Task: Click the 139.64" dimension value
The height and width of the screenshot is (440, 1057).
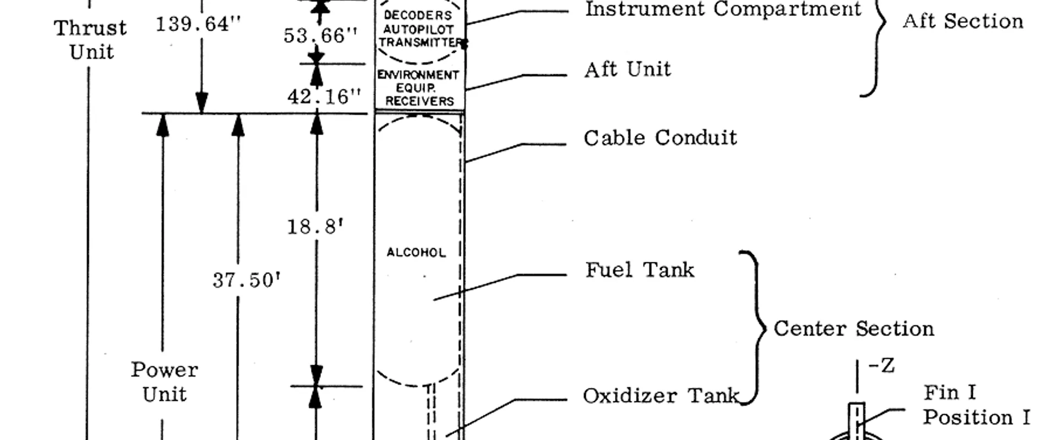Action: [198, 25]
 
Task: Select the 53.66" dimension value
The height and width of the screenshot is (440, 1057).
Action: [320, 36]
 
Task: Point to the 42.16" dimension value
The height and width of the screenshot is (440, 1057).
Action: [324, 97]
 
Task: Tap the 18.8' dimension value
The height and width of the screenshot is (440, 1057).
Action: [315, 227]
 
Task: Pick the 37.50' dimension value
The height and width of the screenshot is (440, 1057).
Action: [246, 280]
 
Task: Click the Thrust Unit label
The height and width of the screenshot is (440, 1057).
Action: [90, 40]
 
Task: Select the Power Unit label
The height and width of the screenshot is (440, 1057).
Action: [164, 382]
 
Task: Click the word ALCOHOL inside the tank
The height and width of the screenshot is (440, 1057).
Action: [416, 252]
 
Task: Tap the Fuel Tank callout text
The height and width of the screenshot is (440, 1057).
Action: [640, 270]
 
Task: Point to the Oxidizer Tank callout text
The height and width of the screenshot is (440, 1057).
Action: [661, 396]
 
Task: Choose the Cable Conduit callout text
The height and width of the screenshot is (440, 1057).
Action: [660, 138]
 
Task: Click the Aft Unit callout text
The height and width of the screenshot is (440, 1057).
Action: [628, 70]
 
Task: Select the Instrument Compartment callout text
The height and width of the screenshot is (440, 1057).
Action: [723, 9]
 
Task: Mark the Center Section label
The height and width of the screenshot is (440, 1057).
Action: [854, 329]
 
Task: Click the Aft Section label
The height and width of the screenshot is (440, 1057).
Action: [963, 21]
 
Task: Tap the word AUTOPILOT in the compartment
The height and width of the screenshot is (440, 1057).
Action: [418, 29]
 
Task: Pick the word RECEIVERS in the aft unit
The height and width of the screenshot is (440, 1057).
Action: [419, 101]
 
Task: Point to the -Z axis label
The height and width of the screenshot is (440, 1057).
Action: [881, 366]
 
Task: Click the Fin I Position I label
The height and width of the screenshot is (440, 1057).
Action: [976, 405]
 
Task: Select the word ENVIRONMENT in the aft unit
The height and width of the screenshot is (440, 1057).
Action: [418, 75]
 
